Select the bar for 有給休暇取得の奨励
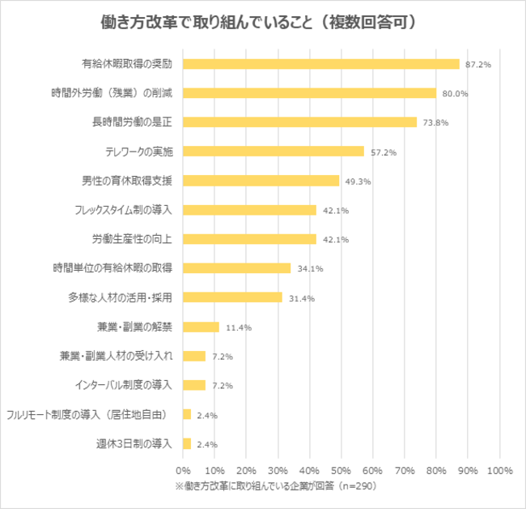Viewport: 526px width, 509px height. point(321,64)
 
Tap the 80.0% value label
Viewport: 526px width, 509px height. point(456,94)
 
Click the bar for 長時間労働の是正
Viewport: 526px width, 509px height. point(300,122)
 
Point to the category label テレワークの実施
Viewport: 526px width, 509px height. point(139,152)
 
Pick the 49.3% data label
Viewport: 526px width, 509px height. point(358,182)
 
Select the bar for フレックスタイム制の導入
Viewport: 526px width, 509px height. point(249,210)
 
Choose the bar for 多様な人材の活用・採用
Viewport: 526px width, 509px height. point(232,297)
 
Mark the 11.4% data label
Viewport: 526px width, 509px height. point(238,327)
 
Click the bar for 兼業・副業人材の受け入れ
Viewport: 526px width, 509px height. point(194,356)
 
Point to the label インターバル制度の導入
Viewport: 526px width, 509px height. point(123,385)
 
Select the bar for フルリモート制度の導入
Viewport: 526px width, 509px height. point(187,414)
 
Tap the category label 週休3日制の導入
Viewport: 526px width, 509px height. point(134,443)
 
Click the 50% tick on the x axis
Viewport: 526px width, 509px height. point(341,470)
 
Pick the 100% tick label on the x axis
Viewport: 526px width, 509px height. point(499,470)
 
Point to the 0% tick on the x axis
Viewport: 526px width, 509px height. point(183,470)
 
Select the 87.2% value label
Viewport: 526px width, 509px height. point(477,65)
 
